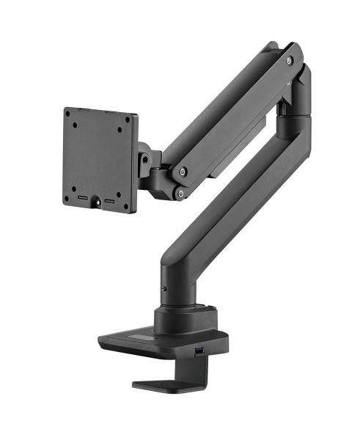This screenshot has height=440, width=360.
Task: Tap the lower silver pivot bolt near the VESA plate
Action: click(180, 194)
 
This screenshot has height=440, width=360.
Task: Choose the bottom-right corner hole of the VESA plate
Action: click(128, 208)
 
